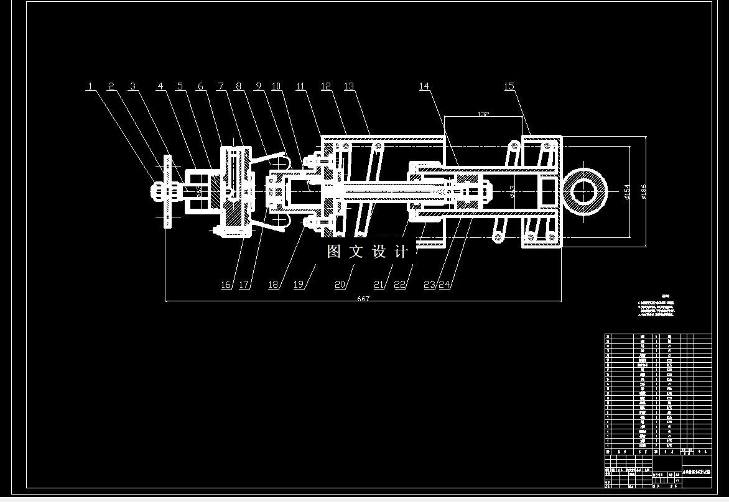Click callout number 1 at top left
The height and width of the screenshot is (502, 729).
pos(90,86)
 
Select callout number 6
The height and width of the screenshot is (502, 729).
pos(200,86)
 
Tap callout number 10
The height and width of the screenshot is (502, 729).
pos(276,86)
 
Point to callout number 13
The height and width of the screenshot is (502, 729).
pos(348,86)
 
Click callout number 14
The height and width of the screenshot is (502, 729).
pos(424,86)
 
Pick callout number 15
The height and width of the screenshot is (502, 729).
pos(509,86)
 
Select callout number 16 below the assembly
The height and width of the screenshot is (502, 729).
pos(225,285)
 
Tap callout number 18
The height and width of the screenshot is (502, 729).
pos(273,285)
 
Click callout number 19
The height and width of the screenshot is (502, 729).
pos(299,285)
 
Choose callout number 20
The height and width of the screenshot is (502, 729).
pos(340,285)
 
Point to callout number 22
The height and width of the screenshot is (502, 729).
pos(400,285)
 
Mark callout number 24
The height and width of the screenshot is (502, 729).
pos(444,285)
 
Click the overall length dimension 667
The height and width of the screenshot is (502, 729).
pos(363,299)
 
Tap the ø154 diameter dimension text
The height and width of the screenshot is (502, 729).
pos(627,191)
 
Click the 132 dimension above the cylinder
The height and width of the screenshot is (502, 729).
pos(483,114)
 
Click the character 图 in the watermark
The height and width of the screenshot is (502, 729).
pos(334,252)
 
